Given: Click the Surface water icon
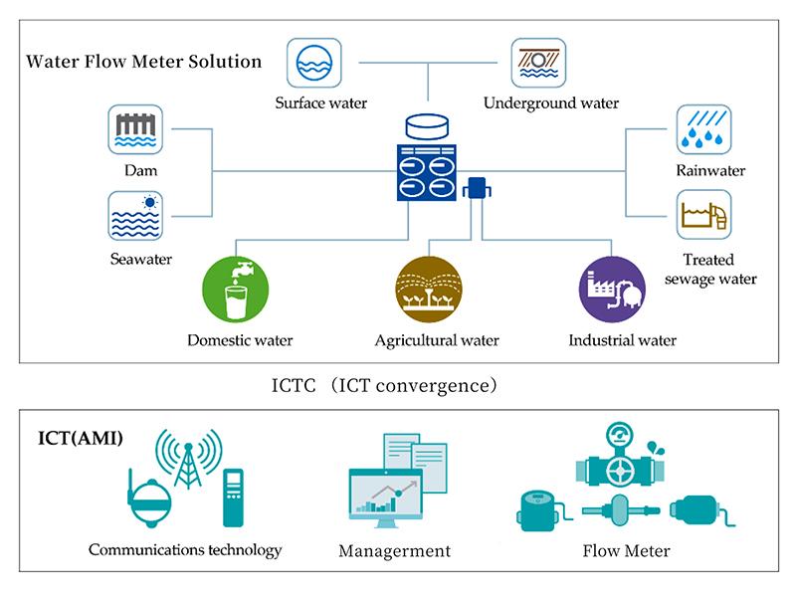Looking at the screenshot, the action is tap(314, 63).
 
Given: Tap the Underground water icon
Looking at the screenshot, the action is tap(538, 63).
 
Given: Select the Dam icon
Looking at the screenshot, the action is tap(135, 129).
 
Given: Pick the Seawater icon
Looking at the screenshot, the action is tap(135, 216).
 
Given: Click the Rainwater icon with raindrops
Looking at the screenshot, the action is tap(704, 129).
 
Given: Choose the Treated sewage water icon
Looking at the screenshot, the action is tap(704, 215).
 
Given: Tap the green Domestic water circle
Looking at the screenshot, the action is tap(236, 289).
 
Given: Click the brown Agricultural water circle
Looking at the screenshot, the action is tap(429, 289).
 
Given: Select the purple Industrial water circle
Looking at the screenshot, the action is tap(612, 289).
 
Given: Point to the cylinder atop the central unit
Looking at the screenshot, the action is tap(428, 126).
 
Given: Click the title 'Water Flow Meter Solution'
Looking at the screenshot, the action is tap(144, 62).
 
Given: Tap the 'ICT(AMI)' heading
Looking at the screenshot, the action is tap(81, 438).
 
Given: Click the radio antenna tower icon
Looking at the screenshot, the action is tap(188, 459).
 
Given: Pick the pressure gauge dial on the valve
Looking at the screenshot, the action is tap(619, 435).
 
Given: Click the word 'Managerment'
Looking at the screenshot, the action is tap(394, 551).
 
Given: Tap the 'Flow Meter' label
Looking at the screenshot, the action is tap(627, 551).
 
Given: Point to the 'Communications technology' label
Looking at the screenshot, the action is tap(185, 550).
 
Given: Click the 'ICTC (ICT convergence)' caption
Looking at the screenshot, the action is tap(384, 386).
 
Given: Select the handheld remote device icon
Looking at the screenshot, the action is tap(233, 498).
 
